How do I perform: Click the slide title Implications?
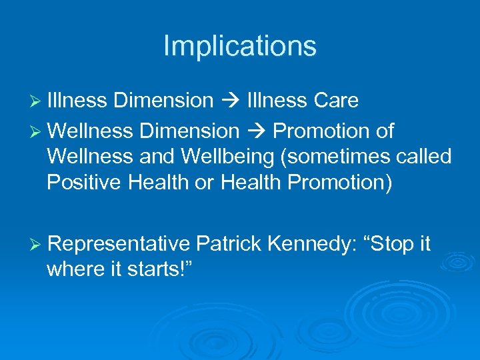[239, 46]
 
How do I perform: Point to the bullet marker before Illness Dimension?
[37, 101]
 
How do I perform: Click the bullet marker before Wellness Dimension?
[37, 132]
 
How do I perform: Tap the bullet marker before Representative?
[37, 245]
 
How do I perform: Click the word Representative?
[120, 245]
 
